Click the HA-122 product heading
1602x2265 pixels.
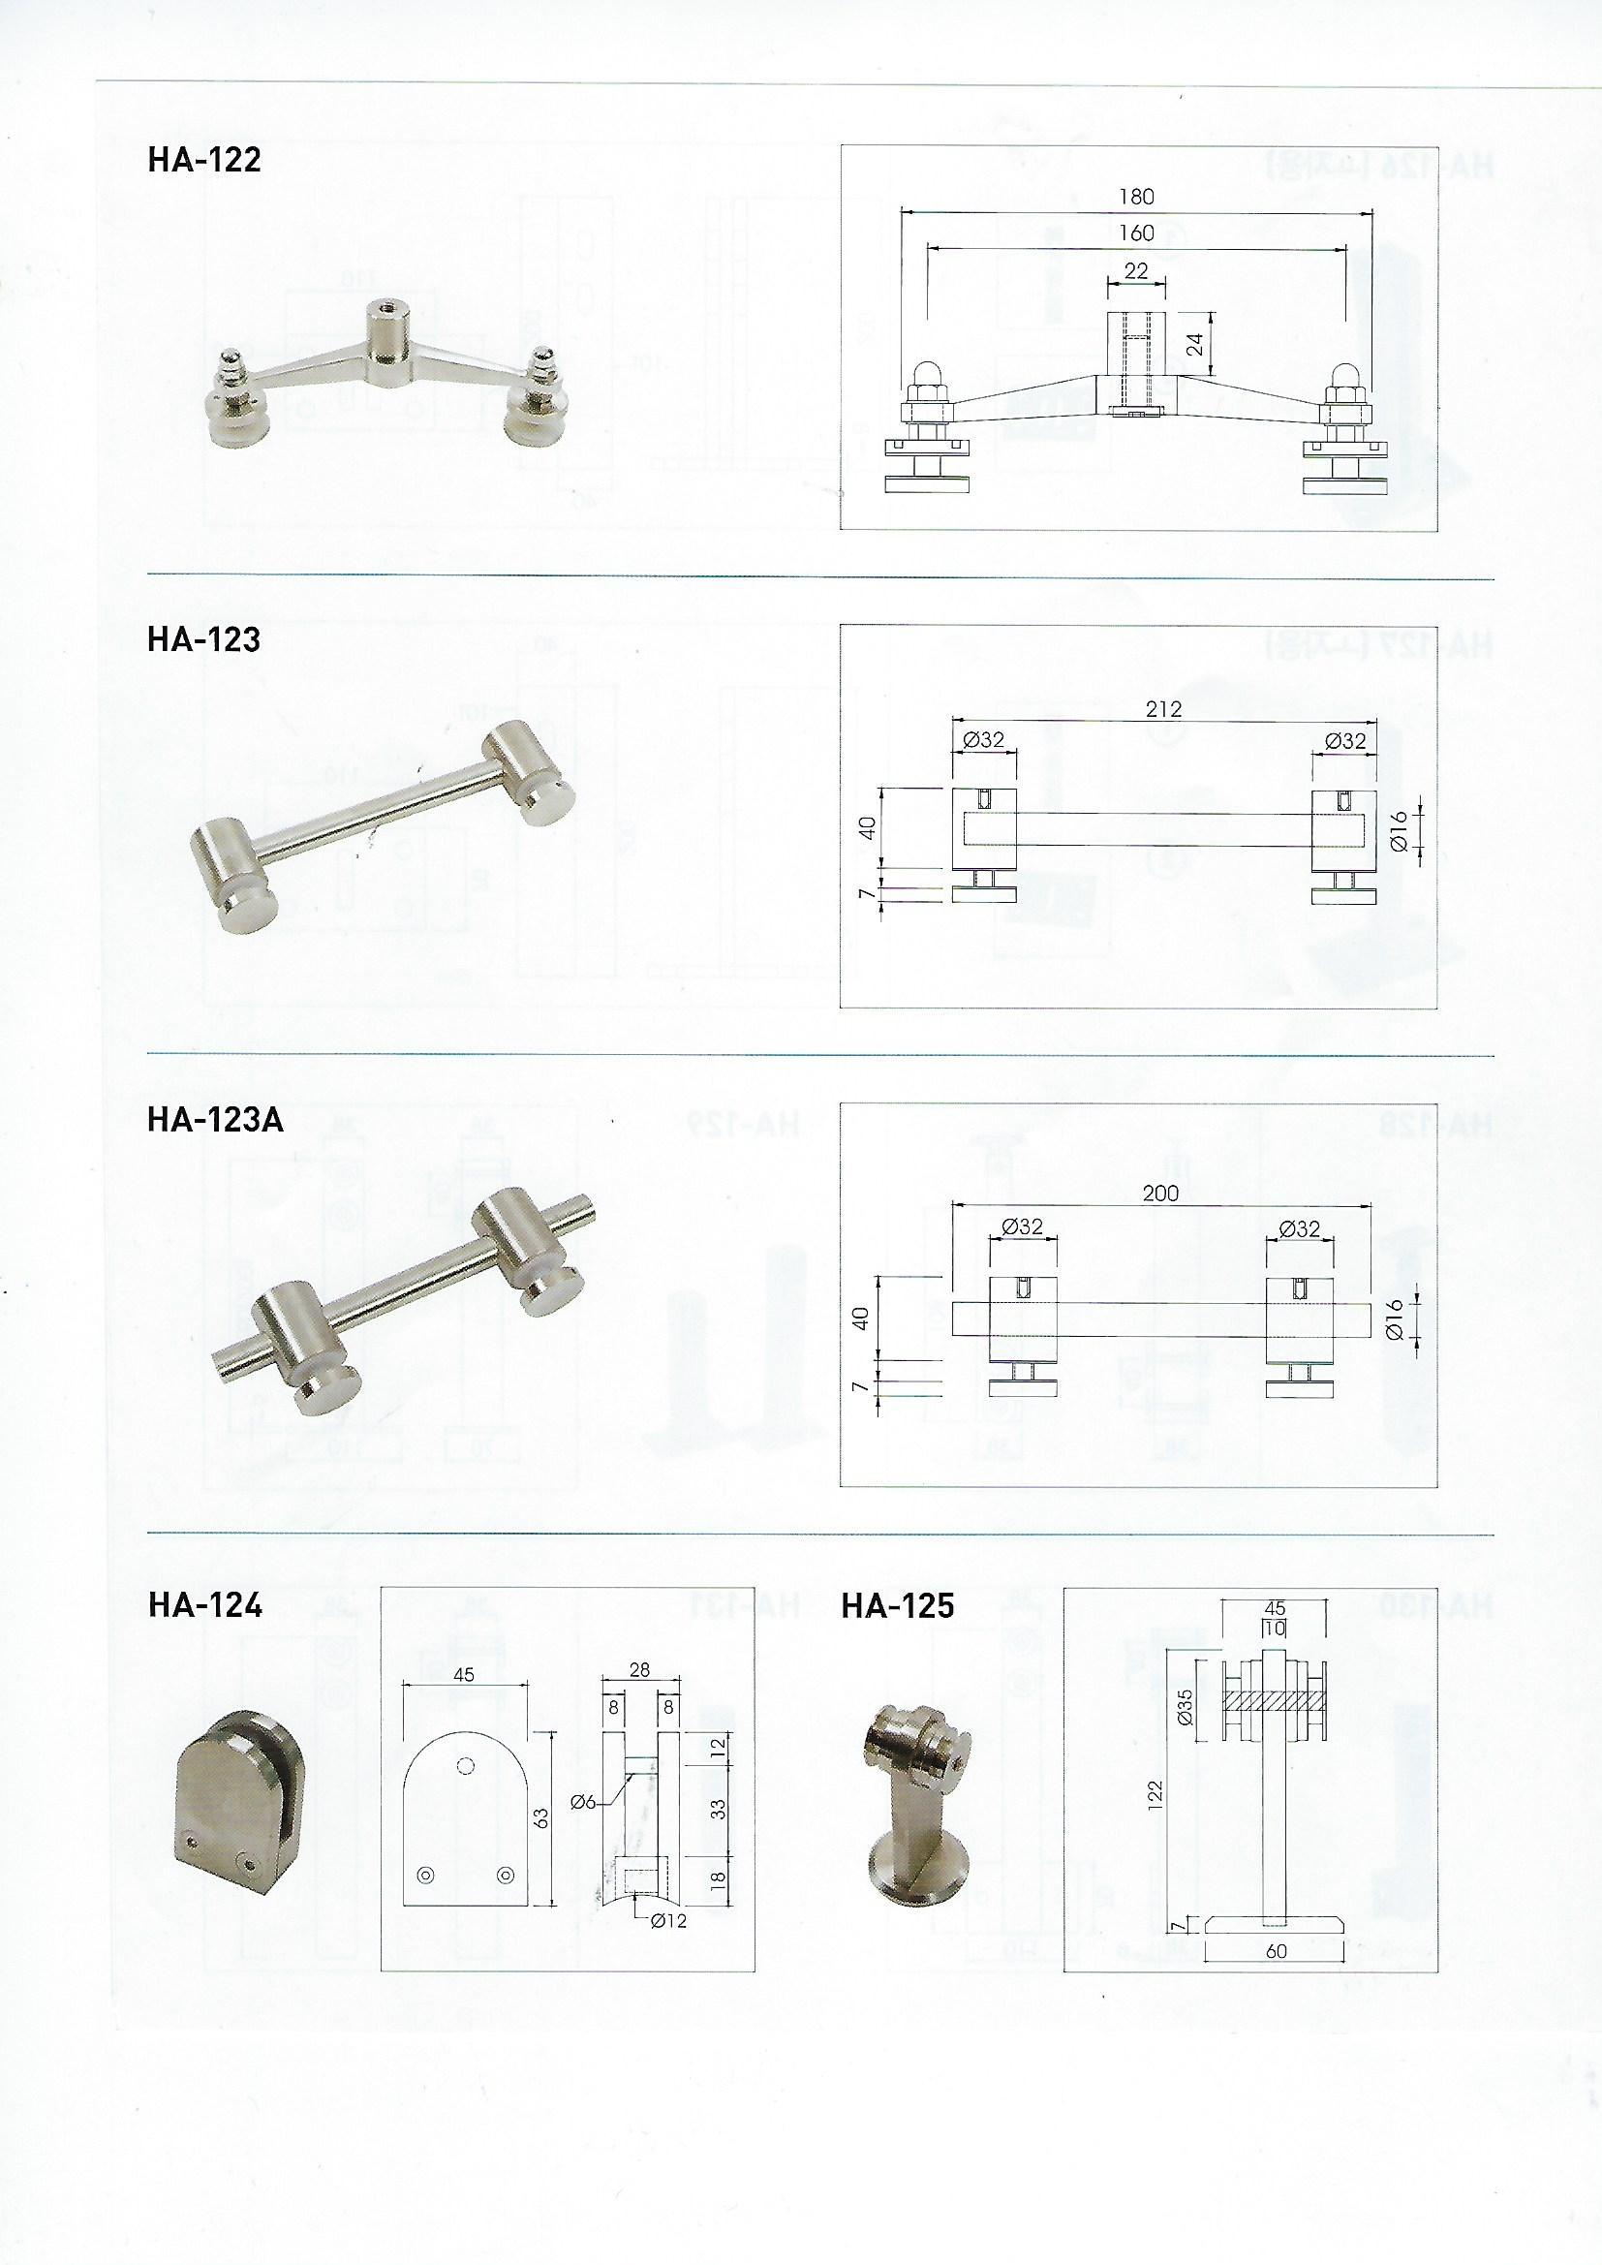point(204,160)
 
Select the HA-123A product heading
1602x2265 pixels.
point(215,1121)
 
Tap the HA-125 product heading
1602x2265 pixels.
point(898,1606)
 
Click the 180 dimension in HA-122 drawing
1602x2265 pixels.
point(1136,197)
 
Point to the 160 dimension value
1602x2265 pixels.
point(1136,233)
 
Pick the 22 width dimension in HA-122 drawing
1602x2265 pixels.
point(1136,269)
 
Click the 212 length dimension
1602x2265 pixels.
point(1164,708)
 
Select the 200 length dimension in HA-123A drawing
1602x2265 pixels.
point(1161,1194)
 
